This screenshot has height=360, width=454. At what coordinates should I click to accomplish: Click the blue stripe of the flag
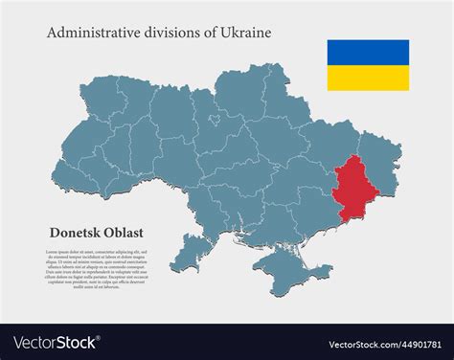pos(368,52)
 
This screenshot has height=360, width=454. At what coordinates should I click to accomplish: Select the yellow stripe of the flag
pos(368,78)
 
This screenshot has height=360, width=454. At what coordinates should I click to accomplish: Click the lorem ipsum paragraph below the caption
pos(97,267)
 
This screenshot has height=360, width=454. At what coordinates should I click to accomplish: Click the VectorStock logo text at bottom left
pos(56,342)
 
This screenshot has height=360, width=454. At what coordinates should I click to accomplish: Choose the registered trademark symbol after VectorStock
pos(100,337)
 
